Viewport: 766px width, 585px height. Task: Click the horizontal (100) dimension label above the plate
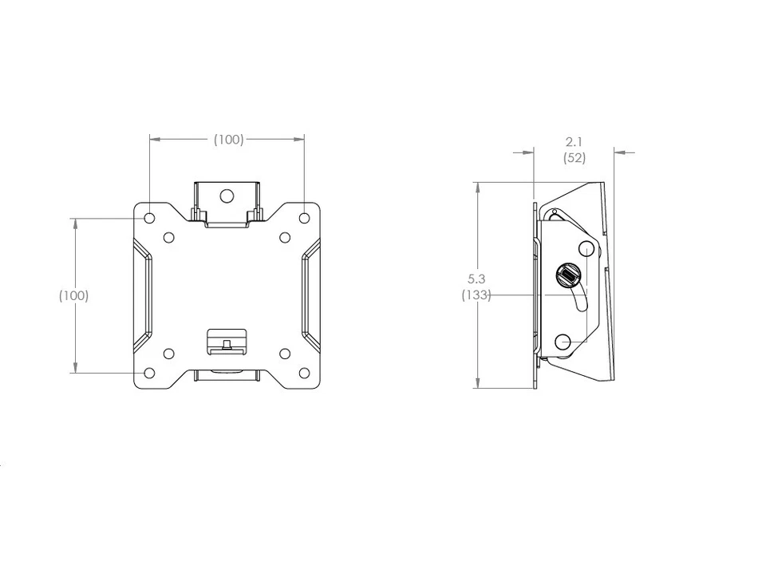pos(228,140)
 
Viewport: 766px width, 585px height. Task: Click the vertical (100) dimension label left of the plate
pos(73,295)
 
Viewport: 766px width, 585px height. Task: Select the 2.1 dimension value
pos(574,142)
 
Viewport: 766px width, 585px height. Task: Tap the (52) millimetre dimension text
pos(574,157)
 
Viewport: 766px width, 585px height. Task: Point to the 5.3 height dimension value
pos(476,279)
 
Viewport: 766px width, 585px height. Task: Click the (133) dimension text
pos(476,295)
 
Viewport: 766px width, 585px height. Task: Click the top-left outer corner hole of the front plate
pos(150,217)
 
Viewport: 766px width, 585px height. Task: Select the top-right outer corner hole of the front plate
pos(304,217)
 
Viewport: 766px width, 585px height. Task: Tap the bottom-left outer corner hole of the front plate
pos(150,372)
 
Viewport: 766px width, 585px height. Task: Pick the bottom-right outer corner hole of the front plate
pos(304,372)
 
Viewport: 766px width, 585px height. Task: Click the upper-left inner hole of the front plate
pos(168,237)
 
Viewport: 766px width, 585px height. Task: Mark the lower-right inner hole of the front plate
pos(285,353)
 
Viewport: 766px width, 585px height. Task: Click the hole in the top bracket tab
pos(227,195)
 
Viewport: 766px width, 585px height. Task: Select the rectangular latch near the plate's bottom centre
pos(227,340)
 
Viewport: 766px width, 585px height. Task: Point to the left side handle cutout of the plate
pos(143,294)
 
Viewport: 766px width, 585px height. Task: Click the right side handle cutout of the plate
pos(310,294)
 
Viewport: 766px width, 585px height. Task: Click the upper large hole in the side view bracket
pos(586,247)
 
